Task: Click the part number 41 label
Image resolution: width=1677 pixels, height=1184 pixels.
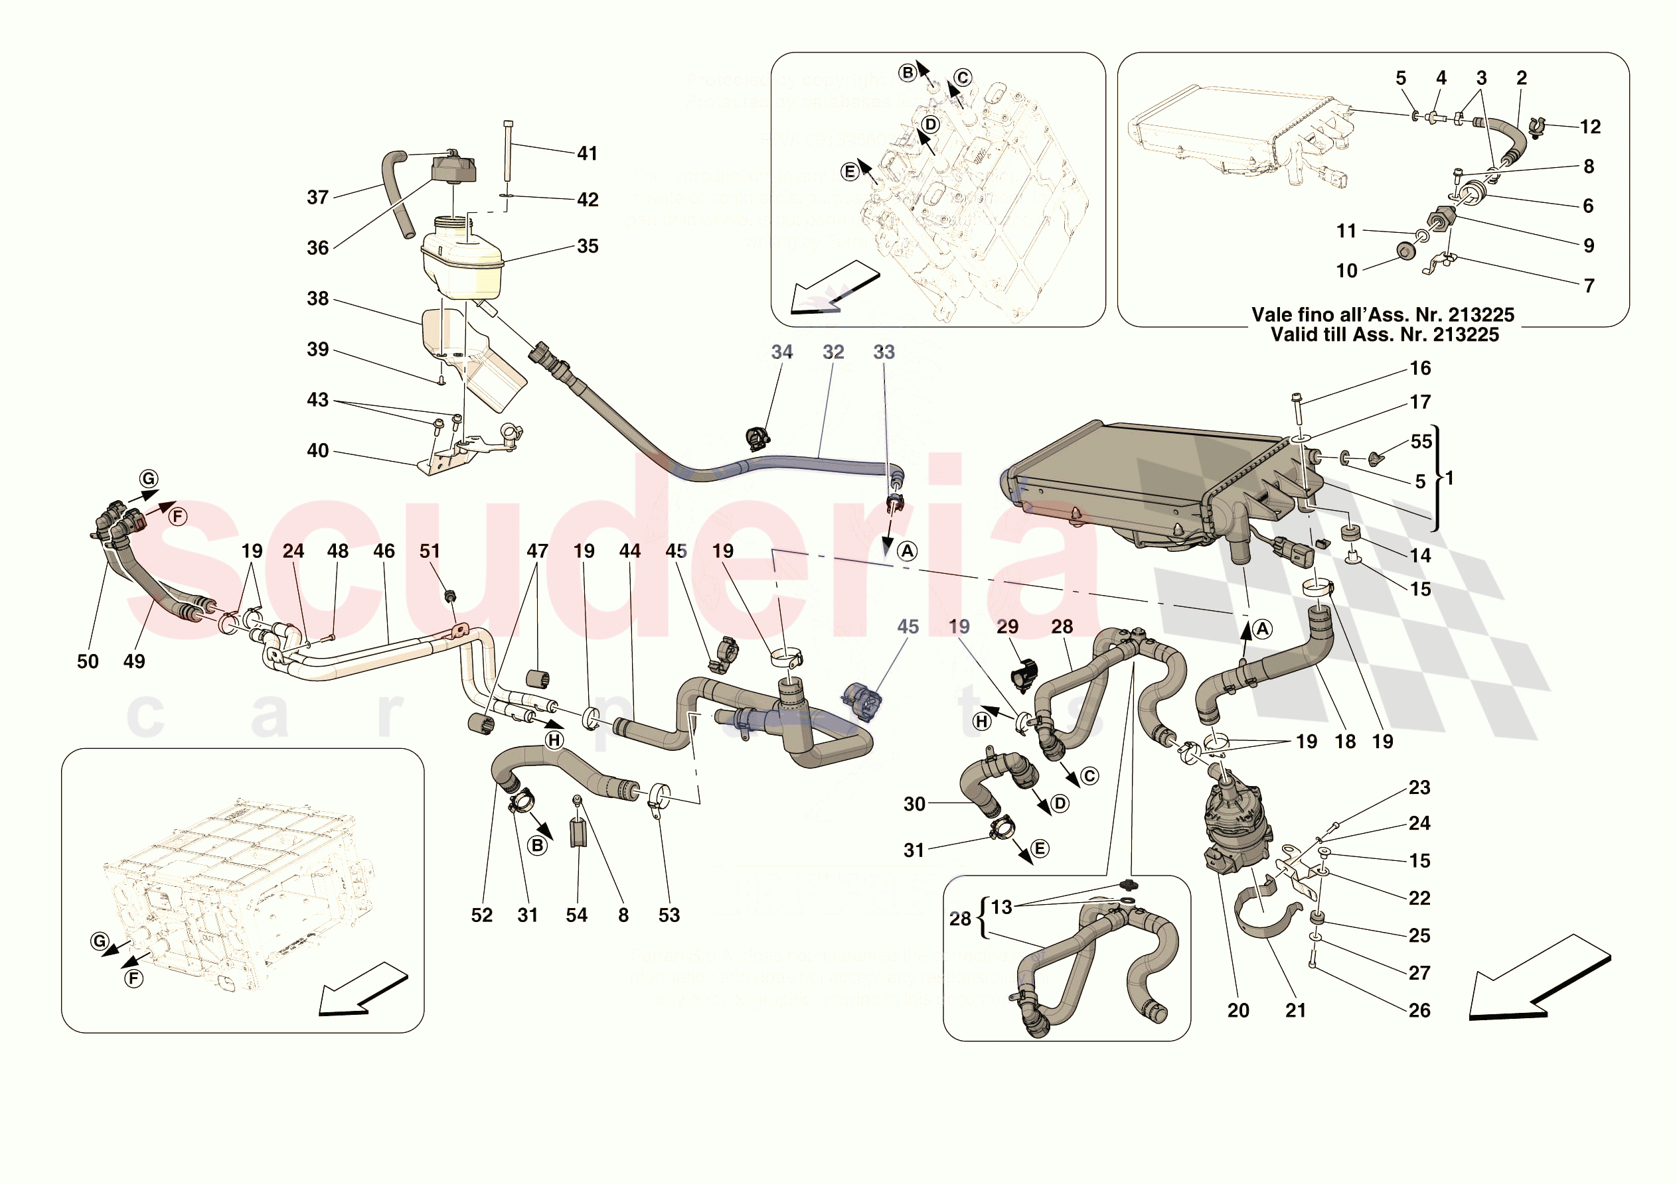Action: pos(588,153)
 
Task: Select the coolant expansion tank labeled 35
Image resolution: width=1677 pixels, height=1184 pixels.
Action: pos(461,262)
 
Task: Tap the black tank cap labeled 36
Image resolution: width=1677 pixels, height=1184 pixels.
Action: pos(453,168)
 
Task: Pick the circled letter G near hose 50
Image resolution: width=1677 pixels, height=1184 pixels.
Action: pos(149,479)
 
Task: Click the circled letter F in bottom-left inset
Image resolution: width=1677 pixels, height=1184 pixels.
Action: pos(133,978)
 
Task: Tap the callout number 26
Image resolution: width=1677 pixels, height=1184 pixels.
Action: pos(1419,1010)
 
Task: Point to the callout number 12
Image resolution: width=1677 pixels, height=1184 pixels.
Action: pos(1590,127)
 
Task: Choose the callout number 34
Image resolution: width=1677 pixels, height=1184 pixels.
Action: pos(781,352)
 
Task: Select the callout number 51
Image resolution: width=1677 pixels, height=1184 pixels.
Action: pos(430,551)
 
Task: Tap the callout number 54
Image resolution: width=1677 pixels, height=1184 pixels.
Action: pos(576,915)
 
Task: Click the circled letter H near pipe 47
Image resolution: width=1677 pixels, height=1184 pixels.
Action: pos(554,740)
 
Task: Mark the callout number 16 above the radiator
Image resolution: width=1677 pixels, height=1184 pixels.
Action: pos(1420,368)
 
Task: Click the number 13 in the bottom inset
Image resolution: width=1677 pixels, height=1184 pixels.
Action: pos(1001,907)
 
